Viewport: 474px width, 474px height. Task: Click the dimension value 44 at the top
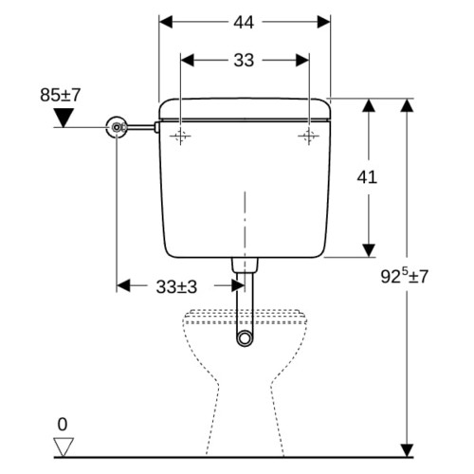[244, 23]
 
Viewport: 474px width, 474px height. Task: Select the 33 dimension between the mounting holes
[244, 60]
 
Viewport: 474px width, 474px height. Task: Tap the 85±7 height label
[61, 95]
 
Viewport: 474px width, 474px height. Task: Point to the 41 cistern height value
[367, 177]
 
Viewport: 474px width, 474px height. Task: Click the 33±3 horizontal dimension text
[176, 287]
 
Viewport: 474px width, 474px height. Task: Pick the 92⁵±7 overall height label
[404, 275]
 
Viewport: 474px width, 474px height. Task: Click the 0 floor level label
[63, 425]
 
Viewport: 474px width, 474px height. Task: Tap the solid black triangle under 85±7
[64, 117]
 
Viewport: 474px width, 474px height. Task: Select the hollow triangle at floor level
[64, 447]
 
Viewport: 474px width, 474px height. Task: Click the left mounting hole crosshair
[180, 137]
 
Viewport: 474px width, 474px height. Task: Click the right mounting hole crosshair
[309, 137]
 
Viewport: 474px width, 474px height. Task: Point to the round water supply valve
[117, 127]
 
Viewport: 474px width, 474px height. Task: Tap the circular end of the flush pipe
[245, 338]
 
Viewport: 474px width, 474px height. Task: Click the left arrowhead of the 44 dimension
[166, 22]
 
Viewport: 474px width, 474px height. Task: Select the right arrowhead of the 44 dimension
[324, 22]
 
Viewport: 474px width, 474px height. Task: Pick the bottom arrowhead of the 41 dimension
[369, 250]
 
